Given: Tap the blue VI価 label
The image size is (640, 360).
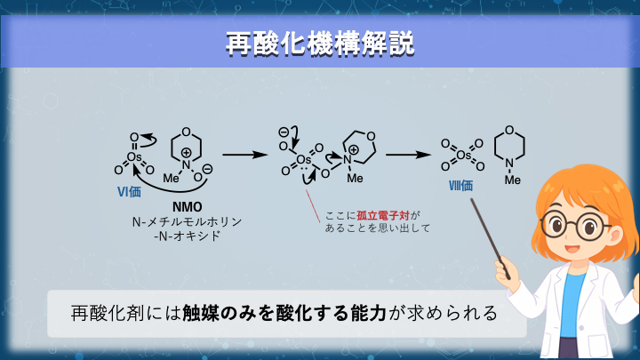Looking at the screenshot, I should (130, 189).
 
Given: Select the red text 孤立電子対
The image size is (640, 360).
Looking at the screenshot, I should (384, 214).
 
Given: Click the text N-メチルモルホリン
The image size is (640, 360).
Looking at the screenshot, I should (188, 221).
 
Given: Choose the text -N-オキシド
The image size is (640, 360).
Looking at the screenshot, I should (188, 236).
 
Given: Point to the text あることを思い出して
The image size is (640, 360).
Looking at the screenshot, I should (377, 228).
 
